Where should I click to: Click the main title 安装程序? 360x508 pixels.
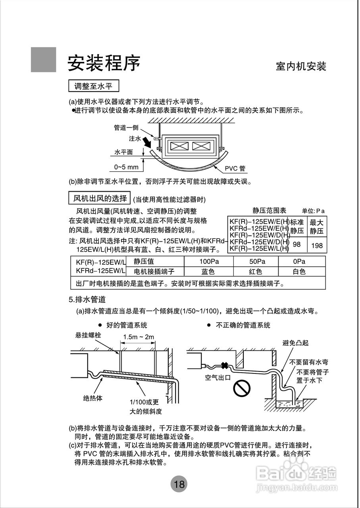click(x=104, y=63)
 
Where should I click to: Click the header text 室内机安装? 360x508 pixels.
click(x=301, y=66)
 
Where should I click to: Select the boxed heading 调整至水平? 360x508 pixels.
click(x=94, y=86)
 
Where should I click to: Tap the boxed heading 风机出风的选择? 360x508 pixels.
click(x=100, y=198)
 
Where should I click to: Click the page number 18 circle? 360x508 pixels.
click(x=179, y=484)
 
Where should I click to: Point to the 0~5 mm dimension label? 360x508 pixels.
click(x=126, y=167)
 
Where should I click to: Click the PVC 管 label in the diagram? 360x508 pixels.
click(x=235, y=169)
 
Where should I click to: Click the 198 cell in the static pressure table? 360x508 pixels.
click(x=317, y=245)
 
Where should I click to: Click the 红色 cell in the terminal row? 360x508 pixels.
click(x=255, y=272)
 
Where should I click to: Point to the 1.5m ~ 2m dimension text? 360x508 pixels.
click(x=138, y=337)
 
